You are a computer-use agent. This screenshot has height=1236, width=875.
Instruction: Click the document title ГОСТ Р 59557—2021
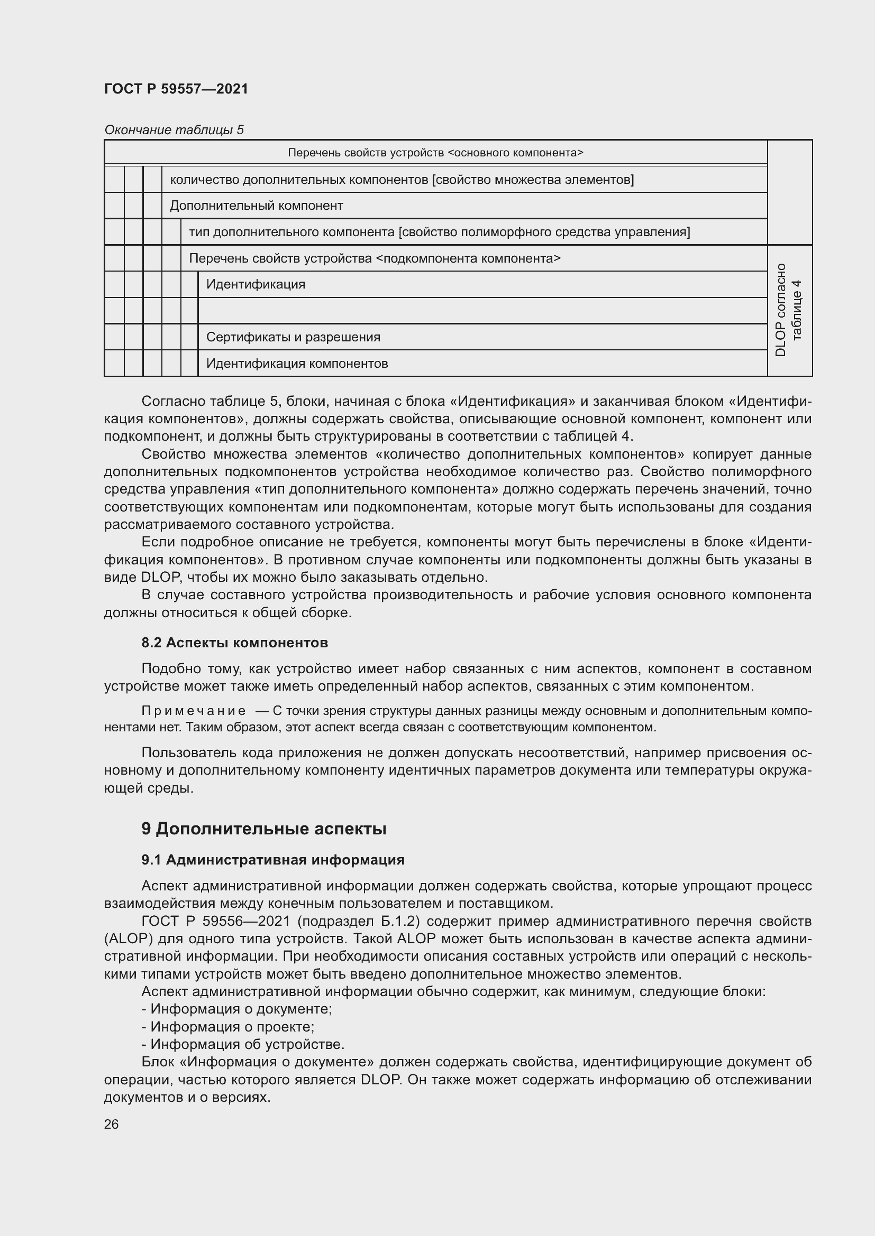[176, 89]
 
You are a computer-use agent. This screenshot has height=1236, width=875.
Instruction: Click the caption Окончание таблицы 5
[174, 130]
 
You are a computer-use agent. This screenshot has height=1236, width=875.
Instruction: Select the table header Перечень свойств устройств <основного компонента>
[435, 153]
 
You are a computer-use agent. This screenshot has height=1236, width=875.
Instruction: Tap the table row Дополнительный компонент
[257, 206]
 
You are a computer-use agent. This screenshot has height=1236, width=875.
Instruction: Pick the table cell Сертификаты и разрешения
[293, 338]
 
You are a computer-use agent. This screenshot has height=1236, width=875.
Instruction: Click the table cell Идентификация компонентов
[297, 364]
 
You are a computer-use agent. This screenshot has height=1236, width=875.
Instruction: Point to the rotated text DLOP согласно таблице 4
[789, 311]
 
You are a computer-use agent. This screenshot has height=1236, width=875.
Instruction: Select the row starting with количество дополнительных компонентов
[402, 180]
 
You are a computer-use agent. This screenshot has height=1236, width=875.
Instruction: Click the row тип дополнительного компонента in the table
[439, 232]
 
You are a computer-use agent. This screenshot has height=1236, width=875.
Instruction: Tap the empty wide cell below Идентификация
[482, 311]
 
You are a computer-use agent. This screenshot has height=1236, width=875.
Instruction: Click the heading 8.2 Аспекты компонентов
[234, 643]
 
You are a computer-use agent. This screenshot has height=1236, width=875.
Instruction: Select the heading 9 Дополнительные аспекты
[263, 829]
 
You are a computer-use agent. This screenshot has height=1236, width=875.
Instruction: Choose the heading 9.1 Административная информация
[272, 860]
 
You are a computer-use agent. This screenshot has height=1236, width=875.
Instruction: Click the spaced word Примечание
[194, 711]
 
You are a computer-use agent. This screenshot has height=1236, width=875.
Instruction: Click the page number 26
[111, 1124]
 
